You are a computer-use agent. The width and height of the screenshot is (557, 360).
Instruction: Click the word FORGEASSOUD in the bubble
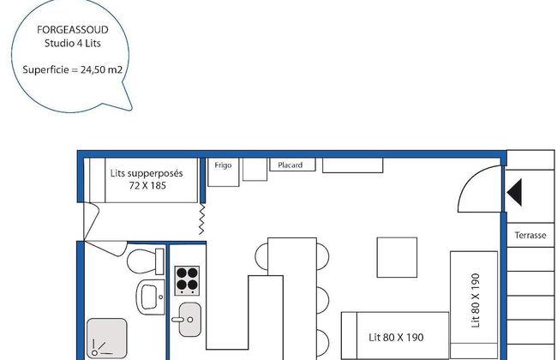(x=73, y=30)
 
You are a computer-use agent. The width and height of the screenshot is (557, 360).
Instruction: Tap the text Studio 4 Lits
(x=73, y=44)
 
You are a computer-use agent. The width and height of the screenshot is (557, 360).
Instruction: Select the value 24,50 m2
(x=101, y=69)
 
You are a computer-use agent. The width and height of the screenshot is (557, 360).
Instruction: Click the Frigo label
(x=223, y=165)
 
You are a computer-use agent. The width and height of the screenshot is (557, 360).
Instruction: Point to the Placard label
(x=290, y=165)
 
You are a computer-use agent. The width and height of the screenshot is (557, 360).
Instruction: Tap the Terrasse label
(x=530, y=235)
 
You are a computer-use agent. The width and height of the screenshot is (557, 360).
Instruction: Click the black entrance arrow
(x=515, y=192)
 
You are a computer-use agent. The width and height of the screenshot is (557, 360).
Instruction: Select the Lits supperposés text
(x=147, y=173)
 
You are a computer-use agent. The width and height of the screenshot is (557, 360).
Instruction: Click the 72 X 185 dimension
(x=147, y=185)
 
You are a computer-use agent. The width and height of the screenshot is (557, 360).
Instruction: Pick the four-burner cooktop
(x=187, y=281)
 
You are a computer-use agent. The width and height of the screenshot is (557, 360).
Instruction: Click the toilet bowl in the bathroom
(x=145, y=261)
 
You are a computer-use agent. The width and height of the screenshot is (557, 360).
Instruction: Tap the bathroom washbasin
(x=151, y=297)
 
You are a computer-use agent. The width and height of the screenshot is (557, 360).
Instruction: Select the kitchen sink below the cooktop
(x=189, y=320)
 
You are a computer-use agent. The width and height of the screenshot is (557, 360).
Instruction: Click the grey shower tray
(x=106, y=338)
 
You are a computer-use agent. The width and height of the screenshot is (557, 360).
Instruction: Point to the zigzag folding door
(x=201, y=219)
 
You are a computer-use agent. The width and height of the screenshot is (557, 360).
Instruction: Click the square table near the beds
(x=397, y=257)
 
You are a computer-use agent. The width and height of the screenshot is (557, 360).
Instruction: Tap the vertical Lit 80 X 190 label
(x=476, y=300)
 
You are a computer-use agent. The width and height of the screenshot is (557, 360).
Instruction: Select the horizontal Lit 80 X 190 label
(x=396, y=337)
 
